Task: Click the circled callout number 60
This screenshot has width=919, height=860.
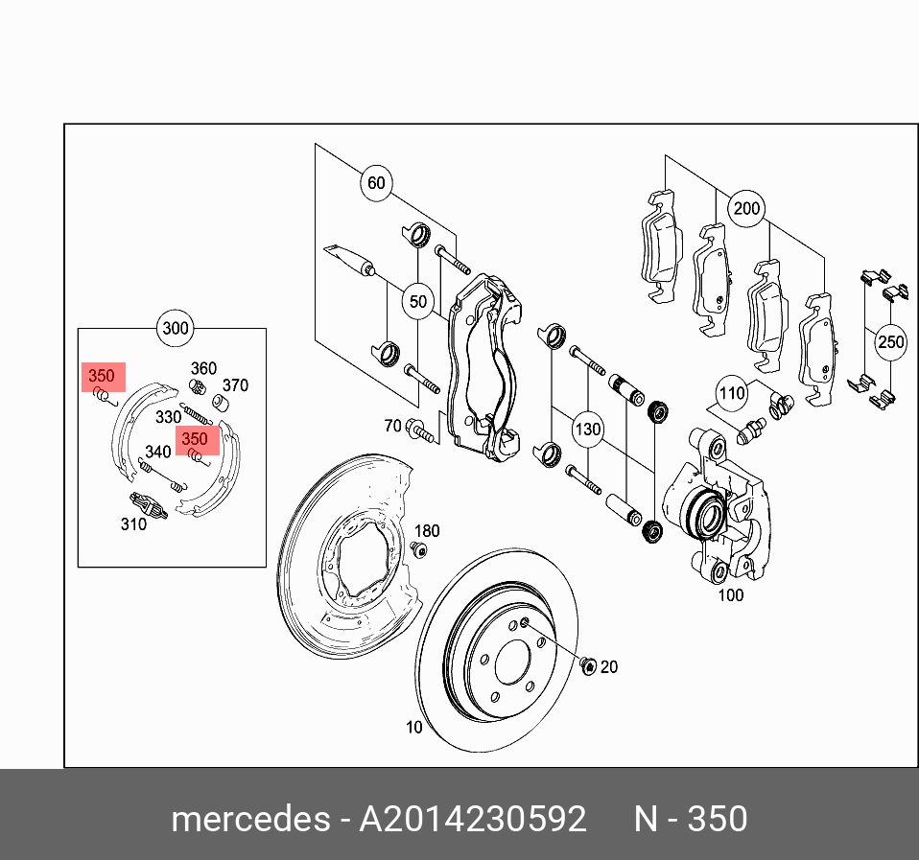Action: click(376, 182)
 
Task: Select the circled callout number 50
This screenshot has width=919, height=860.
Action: click(418, 302)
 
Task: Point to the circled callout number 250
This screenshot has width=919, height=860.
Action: click(890, 342)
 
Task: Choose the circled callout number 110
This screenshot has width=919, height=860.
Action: click(733, 392)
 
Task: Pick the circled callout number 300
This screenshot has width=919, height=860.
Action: click(176, 329)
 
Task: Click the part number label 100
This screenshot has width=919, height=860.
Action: click(731, 595)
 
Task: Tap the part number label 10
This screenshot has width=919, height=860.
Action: click(413, 728)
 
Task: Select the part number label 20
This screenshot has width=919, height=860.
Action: click(609, 667)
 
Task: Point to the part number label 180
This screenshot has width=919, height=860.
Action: click(427, 531)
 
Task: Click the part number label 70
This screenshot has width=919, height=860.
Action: click(392, 426)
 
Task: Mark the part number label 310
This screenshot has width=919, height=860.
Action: click(133, 523)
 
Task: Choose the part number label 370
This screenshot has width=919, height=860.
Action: click(235, 385)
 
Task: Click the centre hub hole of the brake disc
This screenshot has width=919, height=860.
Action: click(509, 662)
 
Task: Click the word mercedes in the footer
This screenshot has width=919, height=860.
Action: click(249, 820)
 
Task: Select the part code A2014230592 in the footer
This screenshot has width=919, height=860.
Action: click(472, 820)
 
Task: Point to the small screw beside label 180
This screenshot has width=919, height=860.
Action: click(419, 548)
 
